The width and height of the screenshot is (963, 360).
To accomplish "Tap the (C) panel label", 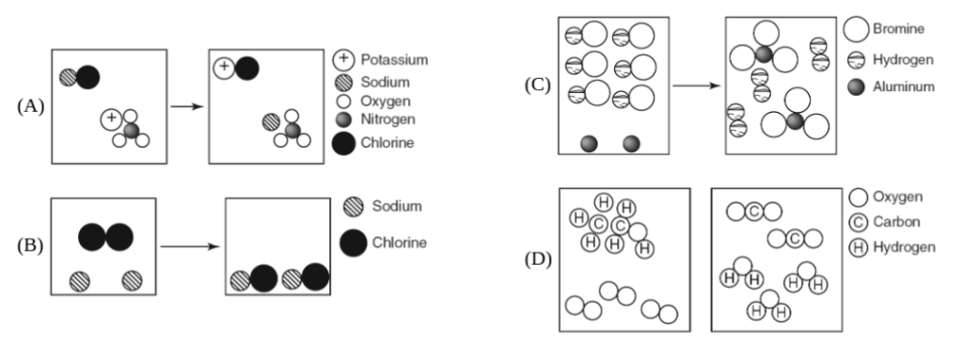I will pos(537,85).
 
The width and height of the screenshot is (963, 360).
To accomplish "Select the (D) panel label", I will pos(537,258).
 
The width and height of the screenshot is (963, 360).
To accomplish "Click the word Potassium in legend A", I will pos(394,59).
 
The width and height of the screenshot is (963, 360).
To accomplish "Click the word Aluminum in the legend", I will pos(902,86).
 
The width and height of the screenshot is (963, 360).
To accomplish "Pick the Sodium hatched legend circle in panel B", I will pos(353,206).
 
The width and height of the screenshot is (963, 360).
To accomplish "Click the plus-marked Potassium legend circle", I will pos(344,59).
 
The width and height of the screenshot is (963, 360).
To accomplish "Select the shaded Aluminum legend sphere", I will pos(855,86).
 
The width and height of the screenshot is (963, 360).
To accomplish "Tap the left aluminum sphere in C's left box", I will pos(590,142).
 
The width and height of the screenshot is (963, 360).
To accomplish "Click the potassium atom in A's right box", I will pos(224,67).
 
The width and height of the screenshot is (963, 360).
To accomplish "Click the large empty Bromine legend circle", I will pos(856,28).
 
